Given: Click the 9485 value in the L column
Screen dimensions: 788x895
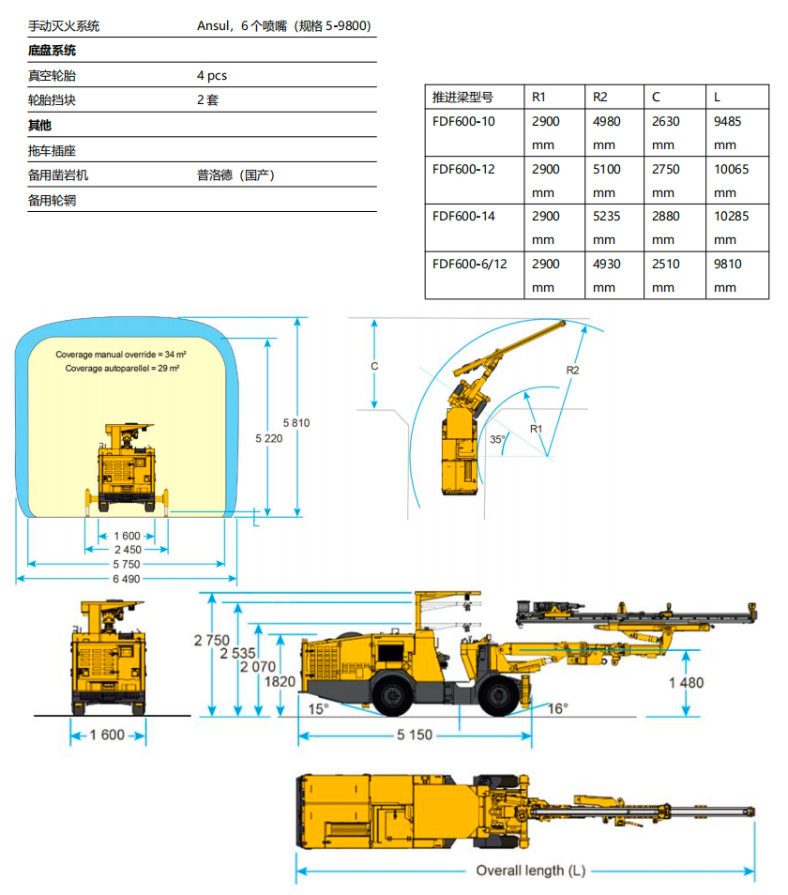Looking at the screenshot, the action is (x=727, y=122).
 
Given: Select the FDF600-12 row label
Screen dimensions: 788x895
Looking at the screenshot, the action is (x=463, y=170).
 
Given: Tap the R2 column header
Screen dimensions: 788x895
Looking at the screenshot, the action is (x=599, y=97).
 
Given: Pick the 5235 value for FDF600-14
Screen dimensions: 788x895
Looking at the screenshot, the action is (x=606, y=217).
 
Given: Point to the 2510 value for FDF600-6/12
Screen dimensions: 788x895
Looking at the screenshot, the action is (x=665, y=265).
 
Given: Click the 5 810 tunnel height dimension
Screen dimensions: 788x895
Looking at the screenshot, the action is (x=296, y=423).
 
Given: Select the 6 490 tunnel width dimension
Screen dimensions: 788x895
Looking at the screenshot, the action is (x=126, y=579).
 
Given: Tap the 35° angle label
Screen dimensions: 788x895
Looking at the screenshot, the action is (x=497, y=439).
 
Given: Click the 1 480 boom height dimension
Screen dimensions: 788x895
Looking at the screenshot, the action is (x=687, y=683).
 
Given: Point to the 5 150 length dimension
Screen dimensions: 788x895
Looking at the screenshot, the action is (x=415, y=736).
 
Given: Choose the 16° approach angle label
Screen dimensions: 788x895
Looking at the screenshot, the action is (x=557, y=709).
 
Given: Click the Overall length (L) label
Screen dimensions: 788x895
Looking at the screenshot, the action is (x=531, y=871).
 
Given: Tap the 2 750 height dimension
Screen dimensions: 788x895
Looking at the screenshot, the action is (x=212, y=641).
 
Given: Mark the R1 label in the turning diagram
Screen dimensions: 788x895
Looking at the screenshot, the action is (x=536, y=429).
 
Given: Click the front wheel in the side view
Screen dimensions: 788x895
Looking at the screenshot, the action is (x=499, y=695).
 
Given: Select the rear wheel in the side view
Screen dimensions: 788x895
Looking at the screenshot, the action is (x=392, y=695).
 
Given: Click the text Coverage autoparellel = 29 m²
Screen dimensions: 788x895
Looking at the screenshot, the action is (x=122, y=368).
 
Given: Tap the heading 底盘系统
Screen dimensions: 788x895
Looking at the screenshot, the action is (x=52, y=51).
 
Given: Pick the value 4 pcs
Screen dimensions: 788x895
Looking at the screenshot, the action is (x=212, y=75).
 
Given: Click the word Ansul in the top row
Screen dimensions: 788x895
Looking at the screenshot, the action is (x=213, y=25).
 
